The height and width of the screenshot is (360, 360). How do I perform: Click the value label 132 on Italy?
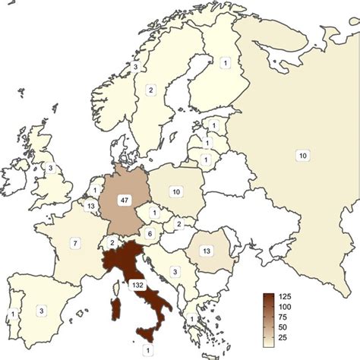pyautogui.click(x=138, y=284)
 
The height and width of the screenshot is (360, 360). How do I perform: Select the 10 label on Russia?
pyautogui.click(x=302, y=156)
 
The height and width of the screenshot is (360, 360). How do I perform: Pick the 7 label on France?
pyautogui.click(x=75, y=243)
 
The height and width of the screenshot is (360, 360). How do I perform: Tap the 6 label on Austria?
pyautogui.click(x=150, y=233)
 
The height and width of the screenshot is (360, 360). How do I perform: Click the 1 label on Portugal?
pyautogui.click(x=12, y=314)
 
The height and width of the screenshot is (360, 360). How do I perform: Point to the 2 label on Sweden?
pyautogui.click(x=151, y=90)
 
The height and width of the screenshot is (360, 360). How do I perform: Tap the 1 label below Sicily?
pyautogui.click(x=147, y=349)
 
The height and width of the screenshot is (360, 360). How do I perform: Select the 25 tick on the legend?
pyautogui.click(x=288, y=336)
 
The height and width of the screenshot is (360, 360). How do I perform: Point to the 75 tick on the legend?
pyautogui.click(x=288, y=315)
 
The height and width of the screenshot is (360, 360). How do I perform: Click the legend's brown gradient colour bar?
pyautogui.click(x=268, y=317)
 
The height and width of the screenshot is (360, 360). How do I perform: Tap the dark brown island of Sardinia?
pyautogui.click(x=117, y=312)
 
